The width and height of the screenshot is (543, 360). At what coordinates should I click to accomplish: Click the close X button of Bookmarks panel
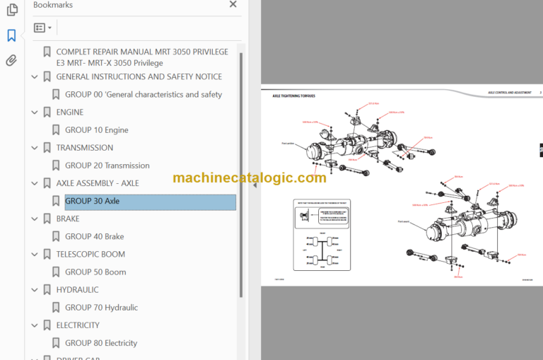click(x=233, y=5)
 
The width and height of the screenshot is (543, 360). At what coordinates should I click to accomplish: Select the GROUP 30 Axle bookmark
click(x=92, y=201)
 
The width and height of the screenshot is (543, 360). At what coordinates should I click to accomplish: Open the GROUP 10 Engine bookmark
click(x=96, y=130)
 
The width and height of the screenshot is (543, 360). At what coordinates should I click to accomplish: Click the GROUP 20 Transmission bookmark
click(x=107, y=166)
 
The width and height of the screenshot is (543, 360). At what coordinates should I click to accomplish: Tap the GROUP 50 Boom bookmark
click(x=95, y=272)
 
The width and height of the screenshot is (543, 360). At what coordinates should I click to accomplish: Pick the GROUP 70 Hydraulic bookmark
click(x=101, y=308)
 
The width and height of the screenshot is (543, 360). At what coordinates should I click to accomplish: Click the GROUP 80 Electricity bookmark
click(x=101, y=343)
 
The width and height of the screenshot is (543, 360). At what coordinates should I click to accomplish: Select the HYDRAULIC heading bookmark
click(x=77, y=289)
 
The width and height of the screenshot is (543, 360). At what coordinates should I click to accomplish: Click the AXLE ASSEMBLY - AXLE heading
click(x=97, y=183)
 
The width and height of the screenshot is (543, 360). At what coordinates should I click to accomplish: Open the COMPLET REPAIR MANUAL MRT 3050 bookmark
click(x=141, y=52)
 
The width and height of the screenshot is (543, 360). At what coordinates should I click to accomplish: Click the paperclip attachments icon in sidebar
click(x=11, y=61)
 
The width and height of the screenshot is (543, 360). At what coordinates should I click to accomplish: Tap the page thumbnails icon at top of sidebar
click(x=11, y=10)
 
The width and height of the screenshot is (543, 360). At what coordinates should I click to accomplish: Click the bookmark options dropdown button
click(x=42, y=28)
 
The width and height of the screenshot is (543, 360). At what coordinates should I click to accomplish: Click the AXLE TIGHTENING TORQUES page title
click(x=293, y=95)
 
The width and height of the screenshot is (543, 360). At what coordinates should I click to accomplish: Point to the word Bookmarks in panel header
click(x=53, y=5)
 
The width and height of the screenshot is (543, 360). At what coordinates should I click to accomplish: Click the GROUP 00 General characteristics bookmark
click(x=143, y=94)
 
